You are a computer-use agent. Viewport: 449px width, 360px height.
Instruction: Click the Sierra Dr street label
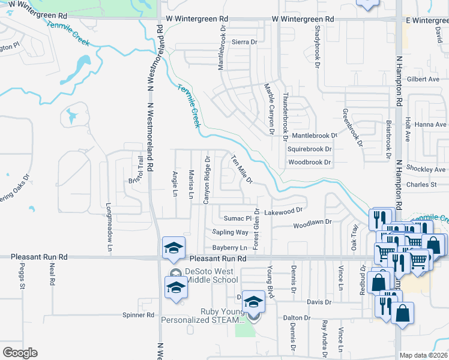244,43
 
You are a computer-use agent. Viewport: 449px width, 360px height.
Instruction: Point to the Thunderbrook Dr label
285,117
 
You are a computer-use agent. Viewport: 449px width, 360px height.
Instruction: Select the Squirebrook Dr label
309,149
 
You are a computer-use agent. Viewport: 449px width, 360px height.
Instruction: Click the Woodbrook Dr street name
309,163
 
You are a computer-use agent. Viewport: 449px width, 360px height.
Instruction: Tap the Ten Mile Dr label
242,169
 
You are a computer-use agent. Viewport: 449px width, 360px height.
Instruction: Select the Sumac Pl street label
237,218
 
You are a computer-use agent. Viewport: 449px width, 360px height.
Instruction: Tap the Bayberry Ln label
229,248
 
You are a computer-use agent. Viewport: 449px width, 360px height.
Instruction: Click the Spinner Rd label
138,314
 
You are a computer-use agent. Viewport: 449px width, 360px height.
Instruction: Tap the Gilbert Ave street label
423,79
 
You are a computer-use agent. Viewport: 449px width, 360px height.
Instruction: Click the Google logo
20,353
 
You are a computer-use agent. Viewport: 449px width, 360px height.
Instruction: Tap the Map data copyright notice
424,355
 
